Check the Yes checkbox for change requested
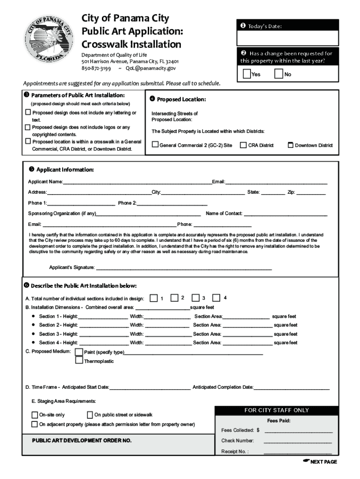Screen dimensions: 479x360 point(247,74)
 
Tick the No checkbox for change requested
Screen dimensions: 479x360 point(279,74)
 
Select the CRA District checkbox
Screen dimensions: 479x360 point(243,145)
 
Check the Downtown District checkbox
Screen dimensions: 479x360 point(290,145)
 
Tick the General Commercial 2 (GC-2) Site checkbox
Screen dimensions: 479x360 point(155,145)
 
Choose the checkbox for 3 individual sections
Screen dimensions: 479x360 point(195,298)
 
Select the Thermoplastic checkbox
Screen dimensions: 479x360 point(79,361)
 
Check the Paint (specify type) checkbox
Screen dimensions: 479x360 point(79,352)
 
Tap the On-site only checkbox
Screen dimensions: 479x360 point(35,415)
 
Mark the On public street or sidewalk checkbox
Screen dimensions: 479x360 point(90,415)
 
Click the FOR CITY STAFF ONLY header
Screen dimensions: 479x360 point(276,410)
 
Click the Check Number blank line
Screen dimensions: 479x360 point(298,441)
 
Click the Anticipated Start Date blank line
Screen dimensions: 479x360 point(150,387)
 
